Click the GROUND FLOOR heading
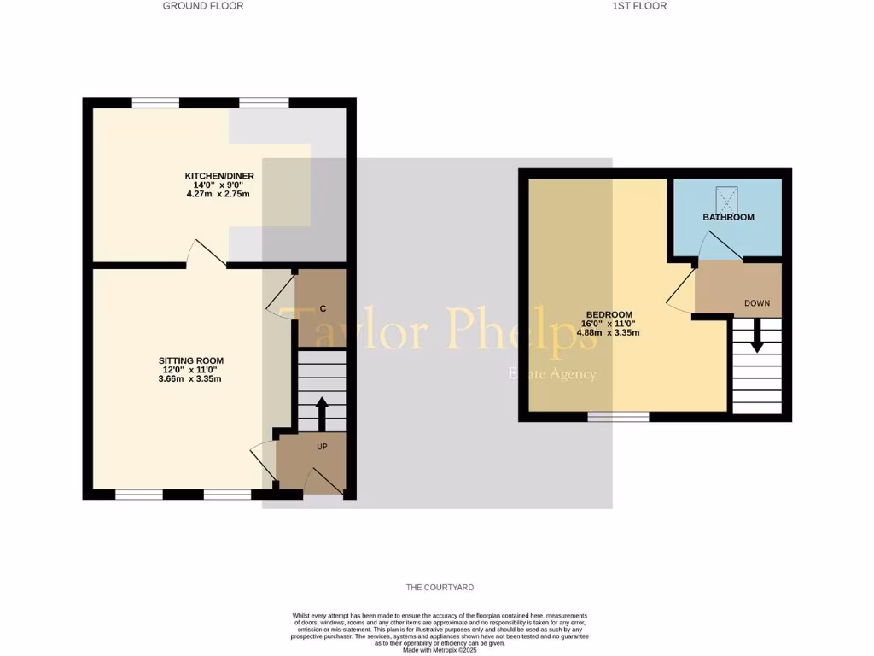click(203, 6)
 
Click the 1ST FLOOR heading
click(639, 6)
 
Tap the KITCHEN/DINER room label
click(219, 176)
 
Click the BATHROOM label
click(728, 217)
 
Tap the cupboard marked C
click(322, 307)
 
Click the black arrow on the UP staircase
click(322, 414)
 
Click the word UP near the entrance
click(322, 446)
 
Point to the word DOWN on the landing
click(756, 303)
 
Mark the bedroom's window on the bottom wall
click(619, 416)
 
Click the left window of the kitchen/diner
click(155, 103)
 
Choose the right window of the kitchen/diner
click(264, 103)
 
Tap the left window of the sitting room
click(139, 494)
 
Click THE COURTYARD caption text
click(440, 588)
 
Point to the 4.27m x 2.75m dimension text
click(218, 194)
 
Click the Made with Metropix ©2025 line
click(440, 650)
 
